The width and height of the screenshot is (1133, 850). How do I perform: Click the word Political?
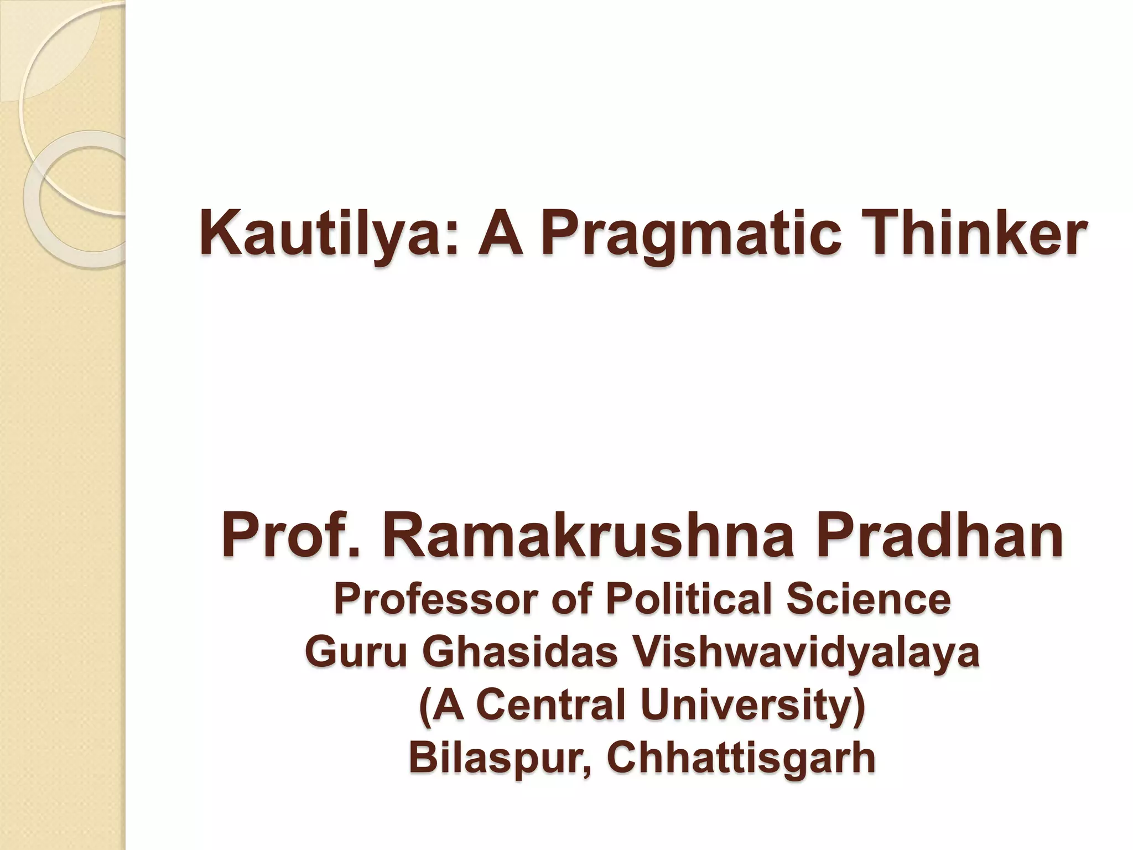[690, 600]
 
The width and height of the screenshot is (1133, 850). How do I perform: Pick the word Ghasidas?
[520, 653]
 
